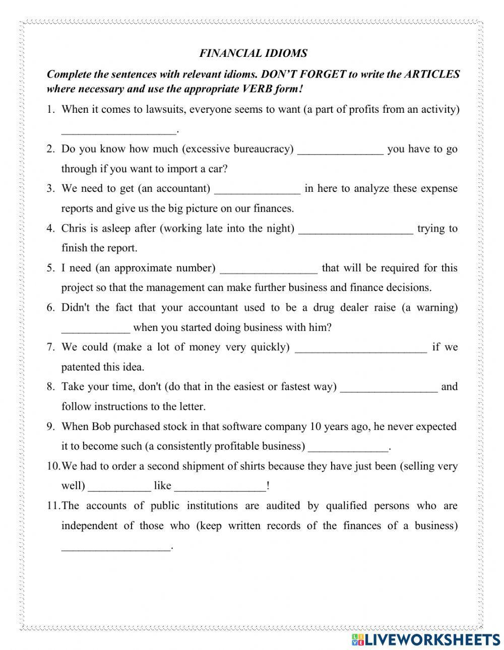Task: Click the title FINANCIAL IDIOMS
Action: (x=253, y=53)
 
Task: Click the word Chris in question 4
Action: (x=74, y=228)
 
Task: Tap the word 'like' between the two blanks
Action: (x=163, y=486)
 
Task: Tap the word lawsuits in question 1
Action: (x=152, y=109)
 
